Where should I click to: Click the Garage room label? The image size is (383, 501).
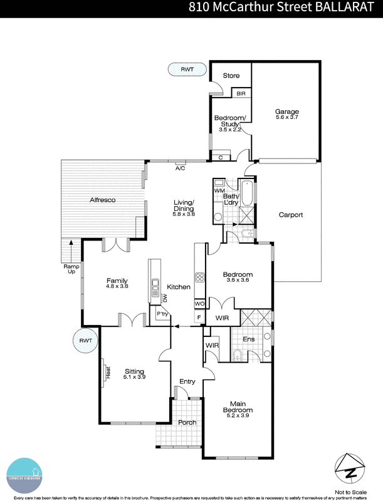tap(286, 112)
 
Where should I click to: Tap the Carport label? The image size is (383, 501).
tap(290, 215)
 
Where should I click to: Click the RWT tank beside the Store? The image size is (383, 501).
tap(187, 70)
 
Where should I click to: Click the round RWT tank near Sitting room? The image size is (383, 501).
tap(85, 341)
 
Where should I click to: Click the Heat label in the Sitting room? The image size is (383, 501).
tap(108, 373)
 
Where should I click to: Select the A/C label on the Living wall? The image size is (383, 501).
tap(180, 168)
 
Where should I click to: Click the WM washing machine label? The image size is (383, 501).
tap(219, 190)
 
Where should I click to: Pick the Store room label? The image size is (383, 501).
tap(231, 76)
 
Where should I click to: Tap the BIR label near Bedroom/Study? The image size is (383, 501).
tap(241, 93)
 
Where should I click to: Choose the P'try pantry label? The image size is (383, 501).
tap(162, 314)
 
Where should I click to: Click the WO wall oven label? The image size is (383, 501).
tap(199, 304)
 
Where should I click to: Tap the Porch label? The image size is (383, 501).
tap(187, 422)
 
